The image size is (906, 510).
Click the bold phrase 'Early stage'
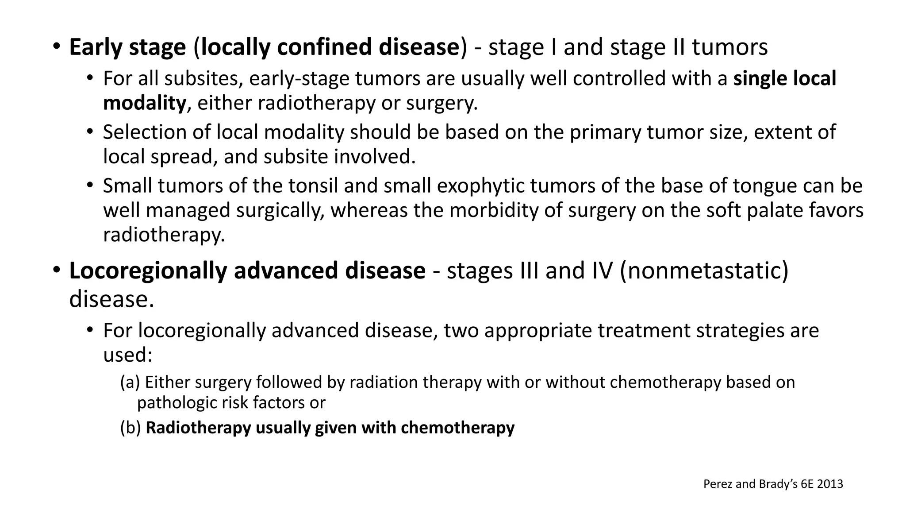[127, 47]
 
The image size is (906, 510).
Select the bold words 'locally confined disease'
[330, 47]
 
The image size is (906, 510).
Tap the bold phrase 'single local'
[784, 78]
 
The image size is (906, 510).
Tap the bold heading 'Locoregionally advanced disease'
[247, 271]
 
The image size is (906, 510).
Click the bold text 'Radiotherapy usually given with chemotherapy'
[330, 428]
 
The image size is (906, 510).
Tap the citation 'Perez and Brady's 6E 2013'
[773, 484]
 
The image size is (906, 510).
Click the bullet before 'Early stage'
[56, 46]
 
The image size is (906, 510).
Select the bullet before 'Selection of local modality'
[91, 132]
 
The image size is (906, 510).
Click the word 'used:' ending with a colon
[127, 355]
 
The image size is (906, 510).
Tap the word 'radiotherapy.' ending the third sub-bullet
[164, 235]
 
